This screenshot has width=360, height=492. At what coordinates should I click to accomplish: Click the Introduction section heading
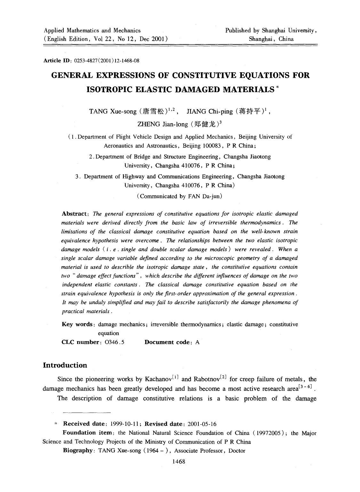(65, 365)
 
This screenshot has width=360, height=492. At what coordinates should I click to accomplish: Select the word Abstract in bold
(74, 213)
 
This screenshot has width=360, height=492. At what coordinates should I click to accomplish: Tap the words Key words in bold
(77, 324)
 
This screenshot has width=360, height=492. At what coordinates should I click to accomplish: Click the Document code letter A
(197, 342)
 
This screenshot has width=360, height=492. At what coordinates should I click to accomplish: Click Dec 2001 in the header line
(150, 39)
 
